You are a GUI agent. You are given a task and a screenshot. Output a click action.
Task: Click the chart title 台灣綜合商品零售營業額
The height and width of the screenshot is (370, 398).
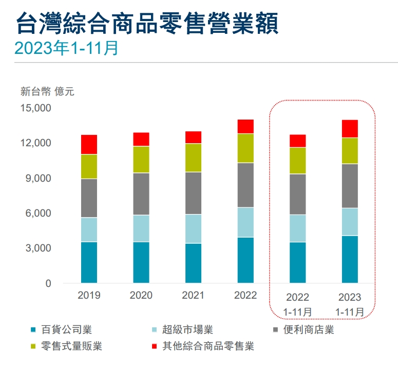[x=147, y=24]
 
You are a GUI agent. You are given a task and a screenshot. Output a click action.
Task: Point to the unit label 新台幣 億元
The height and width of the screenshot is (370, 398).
[x=47, y=92]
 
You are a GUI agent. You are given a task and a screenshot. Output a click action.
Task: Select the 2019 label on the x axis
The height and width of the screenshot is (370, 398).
[x=89, y=296]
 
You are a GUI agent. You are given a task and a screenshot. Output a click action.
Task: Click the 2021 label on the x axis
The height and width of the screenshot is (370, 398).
[x=193, y=296]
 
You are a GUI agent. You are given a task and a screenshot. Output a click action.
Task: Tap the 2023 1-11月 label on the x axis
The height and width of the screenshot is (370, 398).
[x=349, y=304]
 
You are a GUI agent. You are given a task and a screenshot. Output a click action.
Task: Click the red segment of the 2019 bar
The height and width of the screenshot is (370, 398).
[x=89, y=145]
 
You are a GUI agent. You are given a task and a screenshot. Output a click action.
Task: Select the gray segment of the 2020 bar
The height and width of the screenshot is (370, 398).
[x=141, y=194]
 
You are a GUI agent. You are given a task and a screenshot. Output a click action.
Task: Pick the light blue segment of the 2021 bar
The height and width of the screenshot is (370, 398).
[x=193, y=229]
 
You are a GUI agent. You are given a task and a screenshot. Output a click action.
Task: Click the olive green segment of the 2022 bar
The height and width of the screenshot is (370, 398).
[x=245, y=148]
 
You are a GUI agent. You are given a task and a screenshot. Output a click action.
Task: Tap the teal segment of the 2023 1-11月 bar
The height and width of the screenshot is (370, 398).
[x=350, y=259]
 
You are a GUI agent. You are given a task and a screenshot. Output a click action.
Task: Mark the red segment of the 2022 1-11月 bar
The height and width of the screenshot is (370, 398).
[x=298, y=141]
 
